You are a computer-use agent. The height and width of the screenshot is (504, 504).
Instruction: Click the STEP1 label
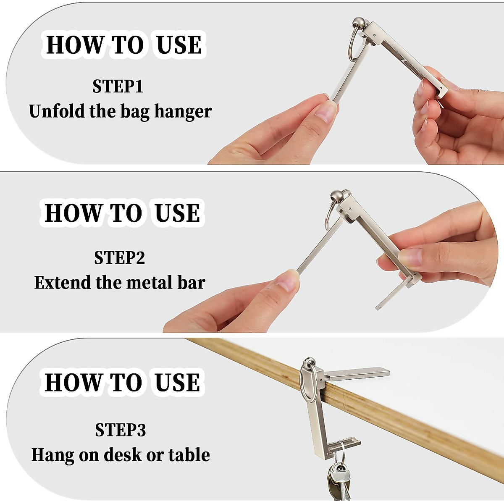tap(118, 87)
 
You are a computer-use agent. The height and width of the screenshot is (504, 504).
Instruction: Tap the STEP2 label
tap(119, 258)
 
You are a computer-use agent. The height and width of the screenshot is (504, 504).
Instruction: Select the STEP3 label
tap(120, 430)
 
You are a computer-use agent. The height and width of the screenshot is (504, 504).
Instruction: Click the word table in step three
tap(189, 455)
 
